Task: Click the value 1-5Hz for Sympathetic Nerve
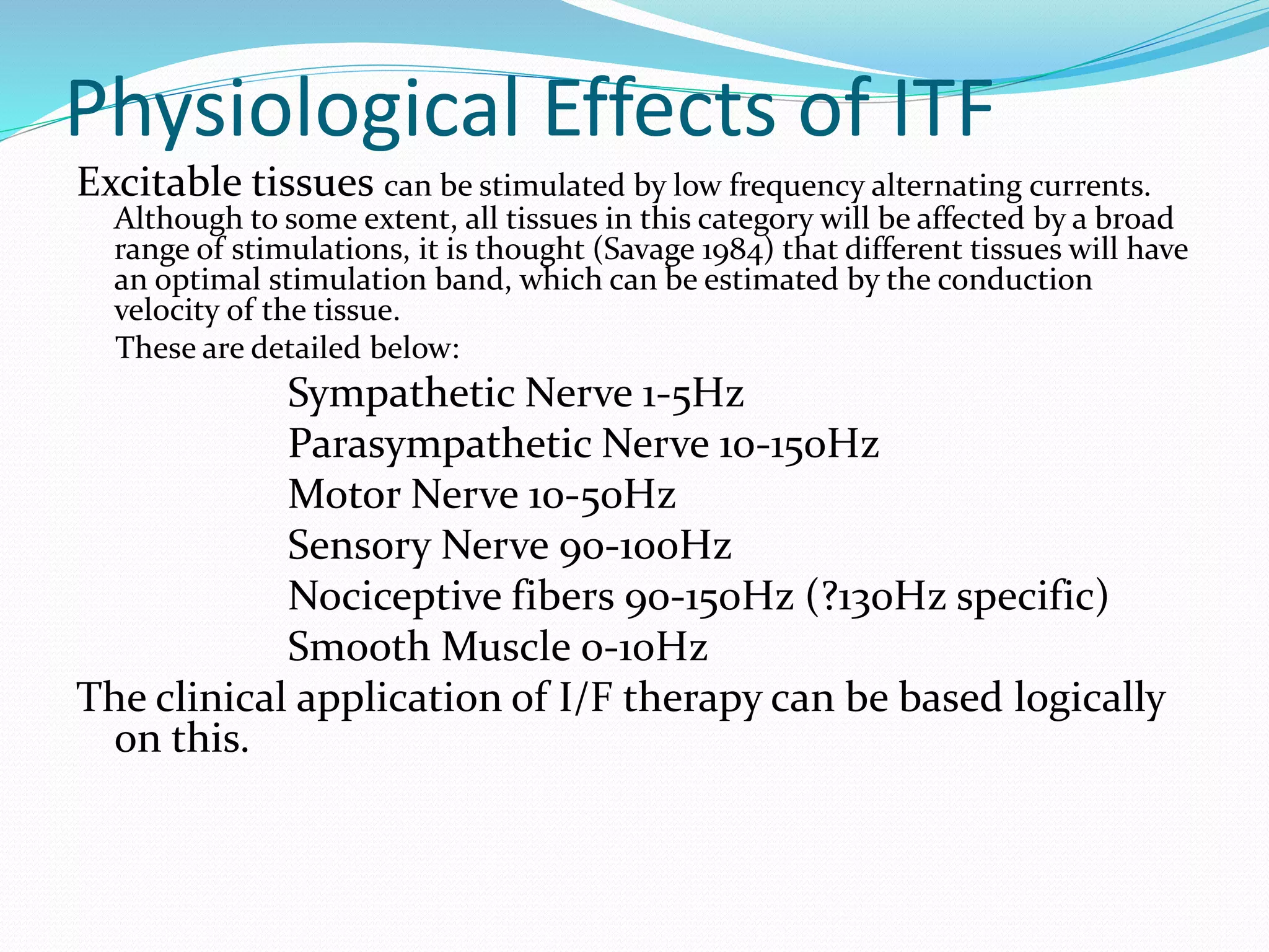coord(692,394)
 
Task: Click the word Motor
coord(345,495)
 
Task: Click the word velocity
coord(165,311)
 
